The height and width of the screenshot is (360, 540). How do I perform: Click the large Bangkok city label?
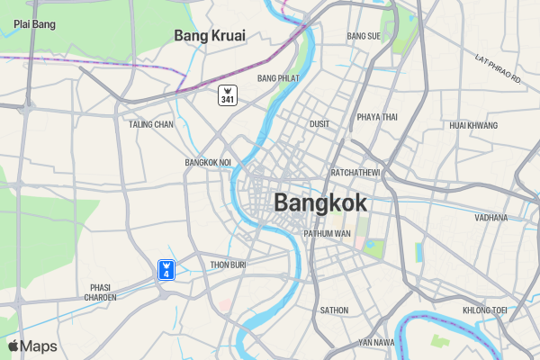[x=320, y=202]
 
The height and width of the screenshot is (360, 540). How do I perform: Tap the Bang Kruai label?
[x=210, y=36]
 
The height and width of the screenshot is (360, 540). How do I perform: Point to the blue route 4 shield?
[x=166, y=268]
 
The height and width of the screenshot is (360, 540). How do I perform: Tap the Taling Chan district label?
[x=151, y=124]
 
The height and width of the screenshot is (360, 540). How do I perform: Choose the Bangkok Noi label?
[x=208, y=163]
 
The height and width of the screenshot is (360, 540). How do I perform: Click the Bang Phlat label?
[x=277, y=79]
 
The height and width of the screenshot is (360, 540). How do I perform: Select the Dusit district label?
[x=319, y=124]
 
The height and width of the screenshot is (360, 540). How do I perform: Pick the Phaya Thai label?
[x=377, y=117]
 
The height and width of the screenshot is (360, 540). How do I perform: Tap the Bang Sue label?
[x=364, y=37]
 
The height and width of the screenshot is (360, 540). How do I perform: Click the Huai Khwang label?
[x=473, y=125]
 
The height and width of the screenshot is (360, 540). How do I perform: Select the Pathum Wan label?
[x=327, y=234]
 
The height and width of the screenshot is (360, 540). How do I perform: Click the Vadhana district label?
[x=491, y=218]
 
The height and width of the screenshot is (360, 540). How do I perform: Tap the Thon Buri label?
[x=228, y=265]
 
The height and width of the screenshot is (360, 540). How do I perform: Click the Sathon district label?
[x=334, y=310]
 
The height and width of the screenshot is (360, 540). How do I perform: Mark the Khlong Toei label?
[x=485, y=310]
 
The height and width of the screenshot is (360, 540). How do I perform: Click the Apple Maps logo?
[x=32, y=346]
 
